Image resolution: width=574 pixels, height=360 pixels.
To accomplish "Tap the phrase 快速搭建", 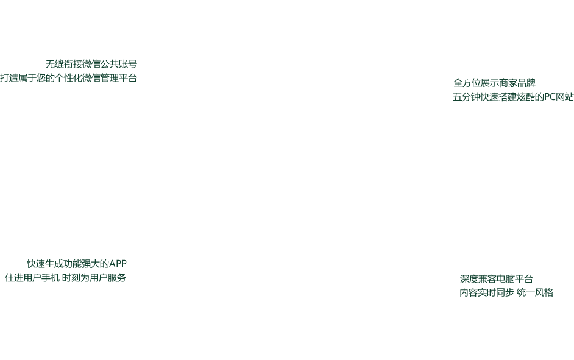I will point(499,97).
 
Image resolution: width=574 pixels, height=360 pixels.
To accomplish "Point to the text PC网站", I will point(559,97).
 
